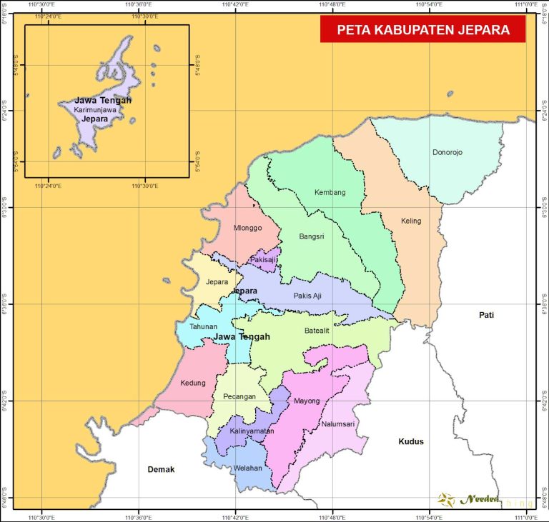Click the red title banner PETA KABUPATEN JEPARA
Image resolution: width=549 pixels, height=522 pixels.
coord(422,30)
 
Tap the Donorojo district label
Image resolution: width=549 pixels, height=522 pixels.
coord(447,152)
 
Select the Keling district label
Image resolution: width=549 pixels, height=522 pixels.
coord(411,221)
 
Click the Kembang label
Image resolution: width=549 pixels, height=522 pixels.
coord(330,193)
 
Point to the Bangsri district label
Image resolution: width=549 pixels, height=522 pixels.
coord(312,236)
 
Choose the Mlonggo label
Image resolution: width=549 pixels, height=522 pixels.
coord(247,228)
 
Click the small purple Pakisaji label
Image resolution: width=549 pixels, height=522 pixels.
coord(263,260)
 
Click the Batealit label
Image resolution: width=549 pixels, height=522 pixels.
coord(318,331)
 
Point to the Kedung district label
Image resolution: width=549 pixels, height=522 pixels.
coord(193,382)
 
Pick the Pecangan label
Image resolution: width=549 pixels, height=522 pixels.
coord(239,396)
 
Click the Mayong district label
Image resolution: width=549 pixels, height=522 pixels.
coord(307,401)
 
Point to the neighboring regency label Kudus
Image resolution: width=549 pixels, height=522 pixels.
coord(411,441)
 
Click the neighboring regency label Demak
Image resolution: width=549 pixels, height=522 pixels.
coord(161,469)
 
